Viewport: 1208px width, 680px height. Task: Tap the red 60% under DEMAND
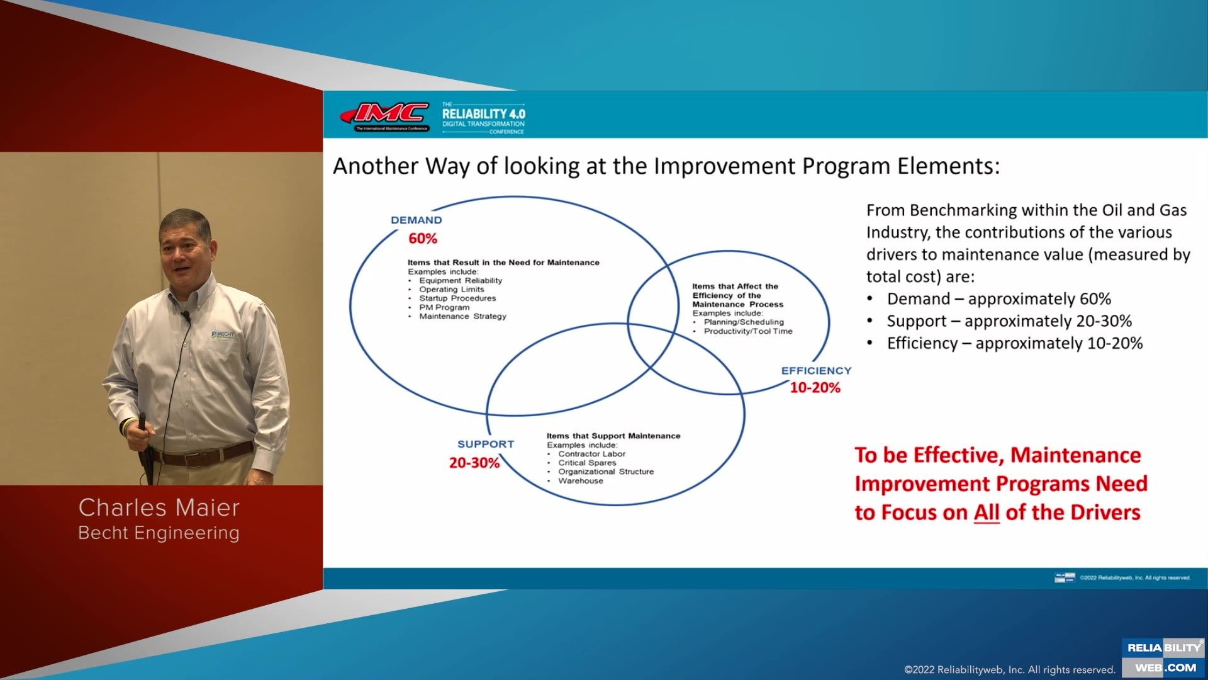[423, 239]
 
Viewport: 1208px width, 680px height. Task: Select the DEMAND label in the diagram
[417, 220]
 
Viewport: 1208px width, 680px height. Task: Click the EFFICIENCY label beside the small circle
[816, 371]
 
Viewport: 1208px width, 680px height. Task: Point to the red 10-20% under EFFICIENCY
[815, 388]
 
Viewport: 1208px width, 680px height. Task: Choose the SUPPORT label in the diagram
[486, 444]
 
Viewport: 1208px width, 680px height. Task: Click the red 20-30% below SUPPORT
[474, 463]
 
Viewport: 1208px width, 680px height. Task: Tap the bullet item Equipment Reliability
[461, 281]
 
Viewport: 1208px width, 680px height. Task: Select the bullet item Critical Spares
[587, 463]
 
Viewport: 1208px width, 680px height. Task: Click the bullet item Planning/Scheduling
[744, 322]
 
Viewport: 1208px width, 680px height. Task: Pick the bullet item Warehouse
[580, 481]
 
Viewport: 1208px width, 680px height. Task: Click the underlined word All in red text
[987, 513]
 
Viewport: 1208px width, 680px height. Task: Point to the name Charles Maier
[159, 507]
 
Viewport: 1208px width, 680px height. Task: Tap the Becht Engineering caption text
[159, 533]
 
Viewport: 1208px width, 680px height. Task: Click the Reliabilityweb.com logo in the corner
[1164, 657]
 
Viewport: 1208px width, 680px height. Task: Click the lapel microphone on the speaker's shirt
[186, 316]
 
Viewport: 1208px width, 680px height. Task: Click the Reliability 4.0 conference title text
[483, 114]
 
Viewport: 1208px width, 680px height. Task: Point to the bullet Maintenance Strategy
[462, 317]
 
